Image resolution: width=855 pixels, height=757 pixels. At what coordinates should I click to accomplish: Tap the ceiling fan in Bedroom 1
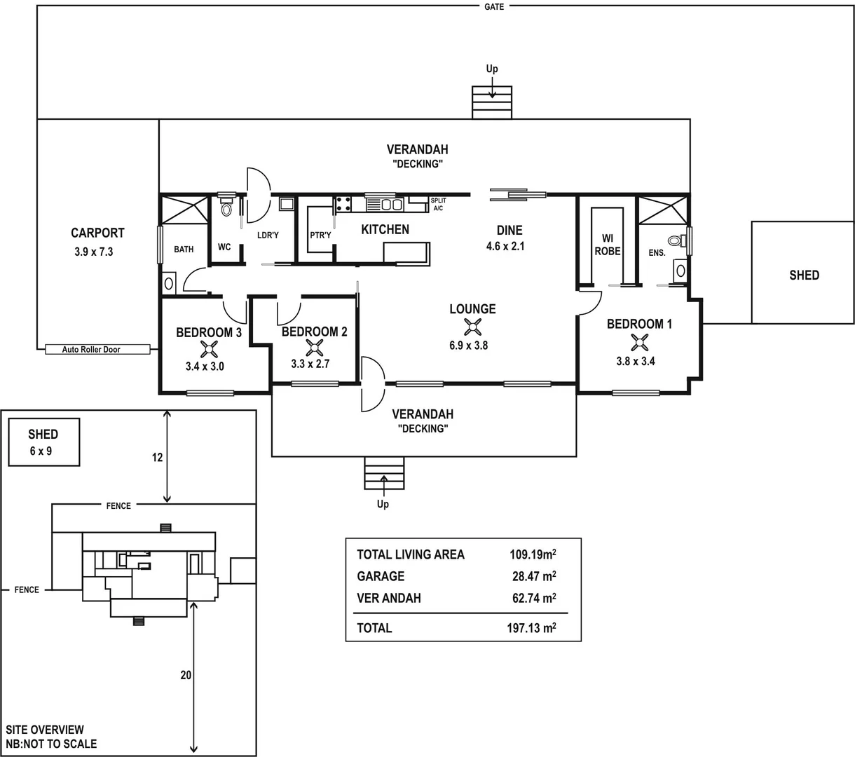[638, 342]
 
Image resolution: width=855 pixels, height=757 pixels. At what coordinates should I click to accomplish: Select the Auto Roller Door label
[91, 349]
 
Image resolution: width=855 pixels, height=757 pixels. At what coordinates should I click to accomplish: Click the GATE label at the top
[494, 6]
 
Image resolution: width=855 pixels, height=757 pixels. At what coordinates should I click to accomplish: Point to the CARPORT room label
[97, 233]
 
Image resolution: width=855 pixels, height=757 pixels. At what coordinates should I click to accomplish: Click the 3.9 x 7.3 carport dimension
[93, 252]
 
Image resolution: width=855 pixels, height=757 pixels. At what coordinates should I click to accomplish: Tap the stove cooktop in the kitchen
[343, 204]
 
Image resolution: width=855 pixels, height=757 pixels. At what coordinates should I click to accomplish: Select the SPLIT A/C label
[438, 205]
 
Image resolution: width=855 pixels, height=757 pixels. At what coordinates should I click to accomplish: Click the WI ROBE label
[607, 245]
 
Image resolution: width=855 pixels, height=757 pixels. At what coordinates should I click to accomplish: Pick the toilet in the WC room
[226, 208]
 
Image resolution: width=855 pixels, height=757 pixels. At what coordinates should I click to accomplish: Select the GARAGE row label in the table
[381, 576]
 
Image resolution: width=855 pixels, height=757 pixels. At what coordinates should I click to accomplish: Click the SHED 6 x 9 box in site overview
[43, 442]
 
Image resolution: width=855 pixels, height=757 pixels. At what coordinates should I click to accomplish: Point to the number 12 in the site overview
[157, 457]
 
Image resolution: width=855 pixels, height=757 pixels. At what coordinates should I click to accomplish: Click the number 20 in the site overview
[185, 676]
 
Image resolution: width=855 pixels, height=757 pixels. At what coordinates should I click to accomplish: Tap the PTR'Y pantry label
[320, 236]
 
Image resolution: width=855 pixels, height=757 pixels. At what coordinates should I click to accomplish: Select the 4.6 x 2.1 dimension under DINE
[505, 246]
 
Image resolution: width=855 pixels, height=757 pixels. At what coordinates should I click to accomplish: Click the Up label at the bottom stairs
[383, 504]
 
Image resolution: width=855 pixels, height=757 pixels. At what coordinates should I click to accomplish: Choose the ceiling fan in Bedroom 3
[208, 349]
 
